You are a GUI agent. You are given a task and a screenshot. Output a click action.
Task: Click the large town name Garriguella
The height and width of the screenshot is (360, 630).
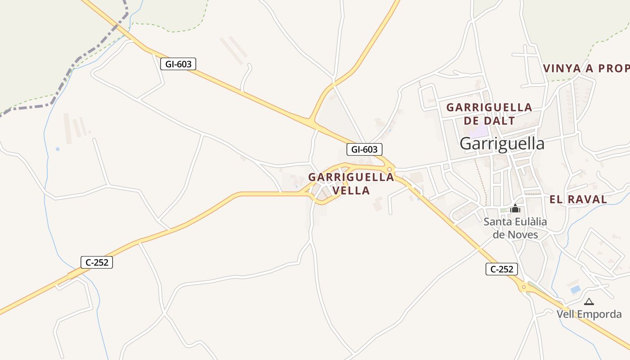[x=502, y=144]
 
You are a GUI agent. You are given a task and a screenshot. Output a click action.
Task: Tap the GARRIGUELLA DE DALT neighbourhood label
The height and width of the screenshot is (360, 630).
[x=489, y=114]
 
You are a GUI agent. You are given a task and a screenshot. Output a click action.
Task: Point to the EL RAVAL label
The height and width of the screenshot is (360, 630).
[x=578, y=199]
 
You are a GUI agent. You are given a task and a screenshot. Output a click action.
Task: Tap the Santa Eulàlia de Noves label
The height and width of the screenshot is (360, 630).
[x=515, y=228]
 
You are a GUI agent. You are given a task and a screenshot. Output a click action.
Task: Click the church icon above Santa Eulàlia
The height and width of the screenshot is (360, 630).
[x=515, y=208]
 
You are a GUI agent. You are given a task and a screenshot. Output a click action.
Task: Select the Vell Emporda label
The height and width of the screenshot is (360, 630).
[x=589, y=314]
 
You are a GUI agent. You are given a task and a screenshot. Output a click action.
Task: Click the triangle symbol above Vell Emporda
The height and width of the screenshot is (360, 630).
[x=589, y=301]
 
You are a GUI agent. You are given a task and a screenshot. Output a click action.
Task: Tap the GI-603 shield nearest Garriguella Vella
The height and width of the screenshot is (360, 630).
[x=364, y=149]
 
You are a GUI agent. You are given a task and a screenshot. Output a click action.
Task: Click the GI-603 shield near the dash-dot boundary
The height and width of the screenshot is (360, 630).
[x=178, y=64]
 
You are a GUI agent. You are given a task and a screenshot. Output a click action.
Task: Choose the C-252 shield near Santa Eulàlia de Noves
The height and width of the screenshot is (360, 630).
[x=502, y=270]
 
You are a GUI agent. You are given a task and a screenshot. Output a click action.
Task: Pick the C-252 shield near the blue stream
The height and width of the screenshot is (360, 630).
[x=97, y=262]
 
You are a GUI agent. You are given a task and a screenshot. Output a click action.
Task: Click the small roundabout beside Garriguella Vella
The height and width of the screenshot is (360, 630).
[x=390, y=169]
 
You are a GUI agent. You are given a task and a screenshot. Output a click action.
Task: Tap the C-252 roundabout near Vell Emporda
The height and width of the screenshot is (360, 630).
[x=523, y=287]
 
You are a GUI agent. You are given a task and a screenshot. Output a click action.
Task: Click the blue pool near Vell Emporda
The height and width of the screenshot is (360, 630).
[x=575, y=289]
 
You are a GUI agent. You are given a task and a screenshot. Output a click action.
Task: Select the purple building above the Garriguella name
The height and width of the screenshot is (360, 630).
[x=481, y=131]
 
